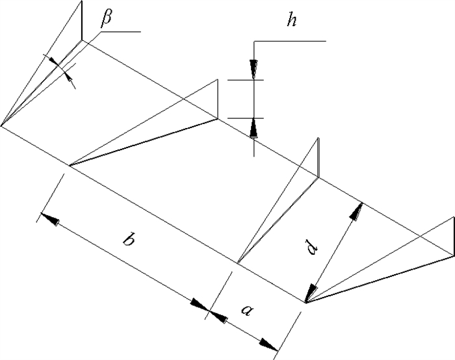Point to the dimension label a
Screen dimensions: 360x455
click(x=246, y=311)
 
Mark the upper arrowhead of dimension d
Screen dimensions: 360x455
click(x=356, y=210)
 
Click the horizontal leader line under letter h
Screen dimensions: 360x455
click(x=289, y=41)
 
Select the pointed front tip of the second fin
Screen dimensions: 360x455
click(x=69, y=166)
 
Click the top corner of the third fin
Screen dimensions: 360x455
click(x=318, y=138)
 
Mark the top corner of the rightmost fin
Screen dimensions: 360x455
click(x=451, y=217)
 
